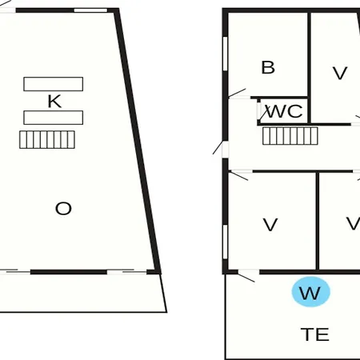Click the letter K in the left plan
click(x=54, y=102)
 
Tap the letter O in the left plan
click(x=63, y=209)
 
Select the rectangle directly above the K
click(x=54, y=84)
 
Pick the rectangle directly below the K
click(x=54, y=118)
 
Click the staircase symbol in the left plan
click(x=47, y=139)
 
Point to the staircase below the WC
click(x=290, y=136)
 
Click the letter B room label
click(x=268, y=67)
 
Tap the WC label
click(x=285, y=111)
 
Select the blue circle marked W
click(x=311, y=292)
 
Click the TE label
click(x=315, y=334)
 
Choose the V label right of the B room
click(x=340, y=74)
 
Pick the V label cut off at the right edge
click(x=353, y=223)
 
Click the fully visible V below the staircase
click(x=270, y=225)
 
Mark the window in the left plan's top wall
click(x=90, y=10)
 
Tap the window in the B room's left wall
click(x=226, y=54)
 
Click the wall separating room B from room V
click(x=310, y=68)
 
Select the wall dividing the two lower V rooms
click(x=318, y=221)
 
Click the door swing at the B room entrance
click(x=238, y=93)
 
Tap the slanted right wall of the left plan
click(x=138, y=142)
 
